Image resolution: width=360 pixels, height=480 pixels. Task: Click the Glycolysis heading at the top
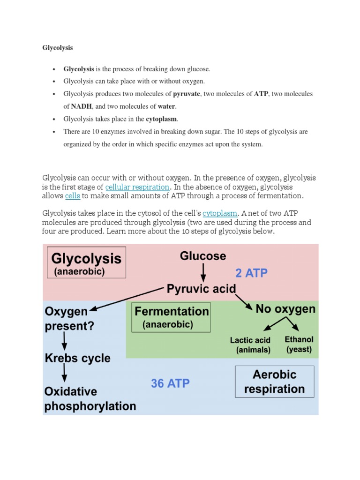point(58,48)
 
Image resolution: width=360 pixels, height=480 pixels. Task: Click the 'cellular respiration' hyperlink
point(137,187)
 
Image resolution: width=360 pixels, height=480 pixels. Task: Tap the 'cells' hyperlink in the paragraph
point(73,195)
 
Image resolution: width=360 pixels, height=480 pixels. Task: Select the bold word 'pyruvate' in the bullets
point(187,94)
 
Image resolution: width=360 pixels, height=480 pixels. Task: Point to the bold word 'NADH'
point(81,106)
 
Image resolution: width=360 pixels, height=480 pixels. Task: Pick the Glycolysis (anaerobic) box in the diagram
point(86,263)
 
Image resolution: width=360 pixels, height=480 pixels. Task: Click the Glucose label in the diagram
point(203,256)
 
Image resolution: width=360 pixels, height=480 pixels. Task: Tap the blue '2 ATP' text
point(251,273)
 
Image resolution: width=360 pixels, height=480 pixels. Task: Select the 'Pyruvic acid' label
point(202,289)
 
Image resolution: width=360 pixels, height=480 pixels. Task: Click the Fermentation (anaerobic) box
point(171,317)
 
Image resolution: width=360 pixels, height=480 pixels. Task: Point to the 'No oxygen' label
point(285,309)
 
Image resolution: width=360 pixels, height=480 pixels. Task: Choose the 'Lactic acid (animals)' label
point(250,345)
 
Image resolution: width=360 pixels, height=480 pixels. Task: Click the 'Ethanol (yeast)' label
point(299,344)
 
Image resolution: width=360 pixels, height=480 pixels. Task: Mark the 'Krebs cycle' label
point(77,359)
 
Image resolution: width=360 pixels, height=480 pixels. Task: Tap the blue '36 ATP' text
point(170,383)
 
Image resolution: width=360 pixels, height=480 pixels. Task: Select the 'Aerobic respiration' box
point(274,382)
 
